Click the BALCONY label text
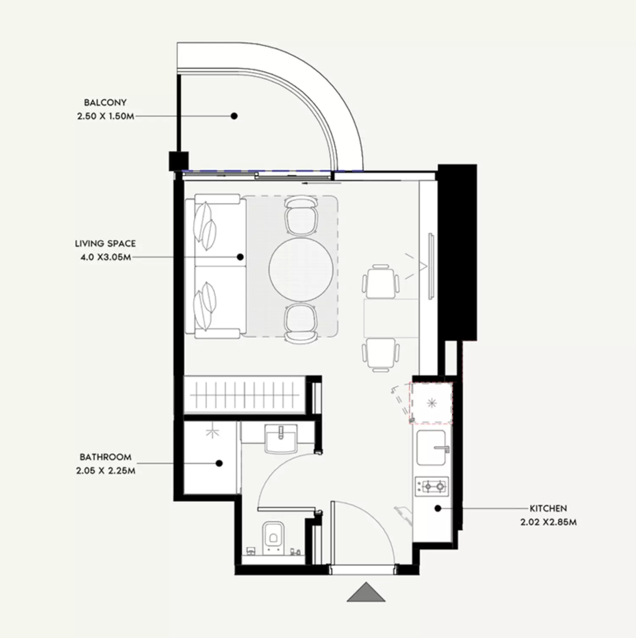click(x=105, y=103)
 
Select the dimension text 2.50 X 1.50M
click(x=105, y=116)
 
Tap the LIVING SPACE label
click(x=105, y=244)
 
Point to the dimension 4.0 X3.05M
click(x=106, y=257)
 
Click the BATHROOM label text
click(x=105, y=457)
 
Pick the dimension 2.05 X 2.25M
click(x=106, y=471)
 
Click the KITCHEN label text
click(x=548, y=508)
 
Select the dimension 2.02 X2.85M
click(x=548, y=522)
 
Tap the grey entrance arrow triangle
click(x=366, y=592)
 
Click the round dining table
click(x=301, y=269)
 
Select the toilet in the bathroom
click(x=273, y=538)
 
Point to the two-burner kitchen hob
click(x=432, y=487)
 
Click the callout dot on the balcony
click(x=234, y=116)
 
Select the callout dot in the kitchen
click(x=438, y=508)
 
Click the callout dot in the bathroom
click(x=219, y=463)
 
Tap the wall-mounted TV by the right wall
click(x=431, y=266)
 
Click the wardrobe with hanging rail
click(x=245, y=395)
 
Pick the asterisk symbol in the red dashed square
click(x=431, y=403)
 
